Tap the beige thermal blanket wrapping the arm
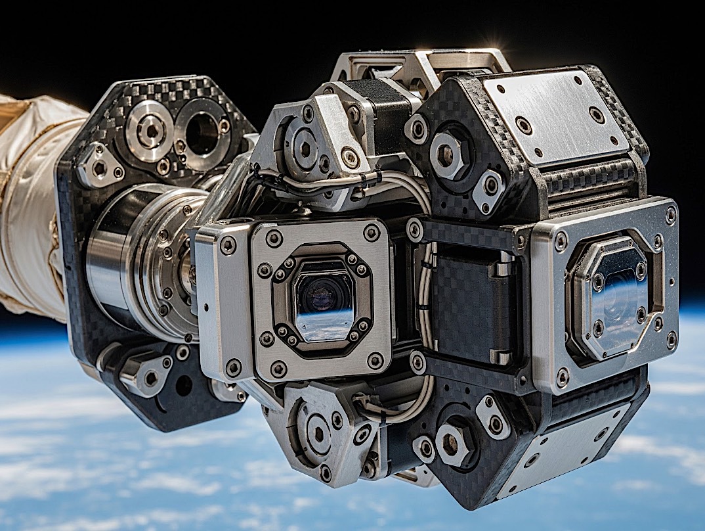[30, 197]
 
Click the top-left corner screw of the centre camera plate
[274, 237]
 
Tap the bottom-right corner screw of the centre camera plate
[375, 359]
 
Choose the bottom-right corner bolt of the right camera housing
[670, 340]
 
